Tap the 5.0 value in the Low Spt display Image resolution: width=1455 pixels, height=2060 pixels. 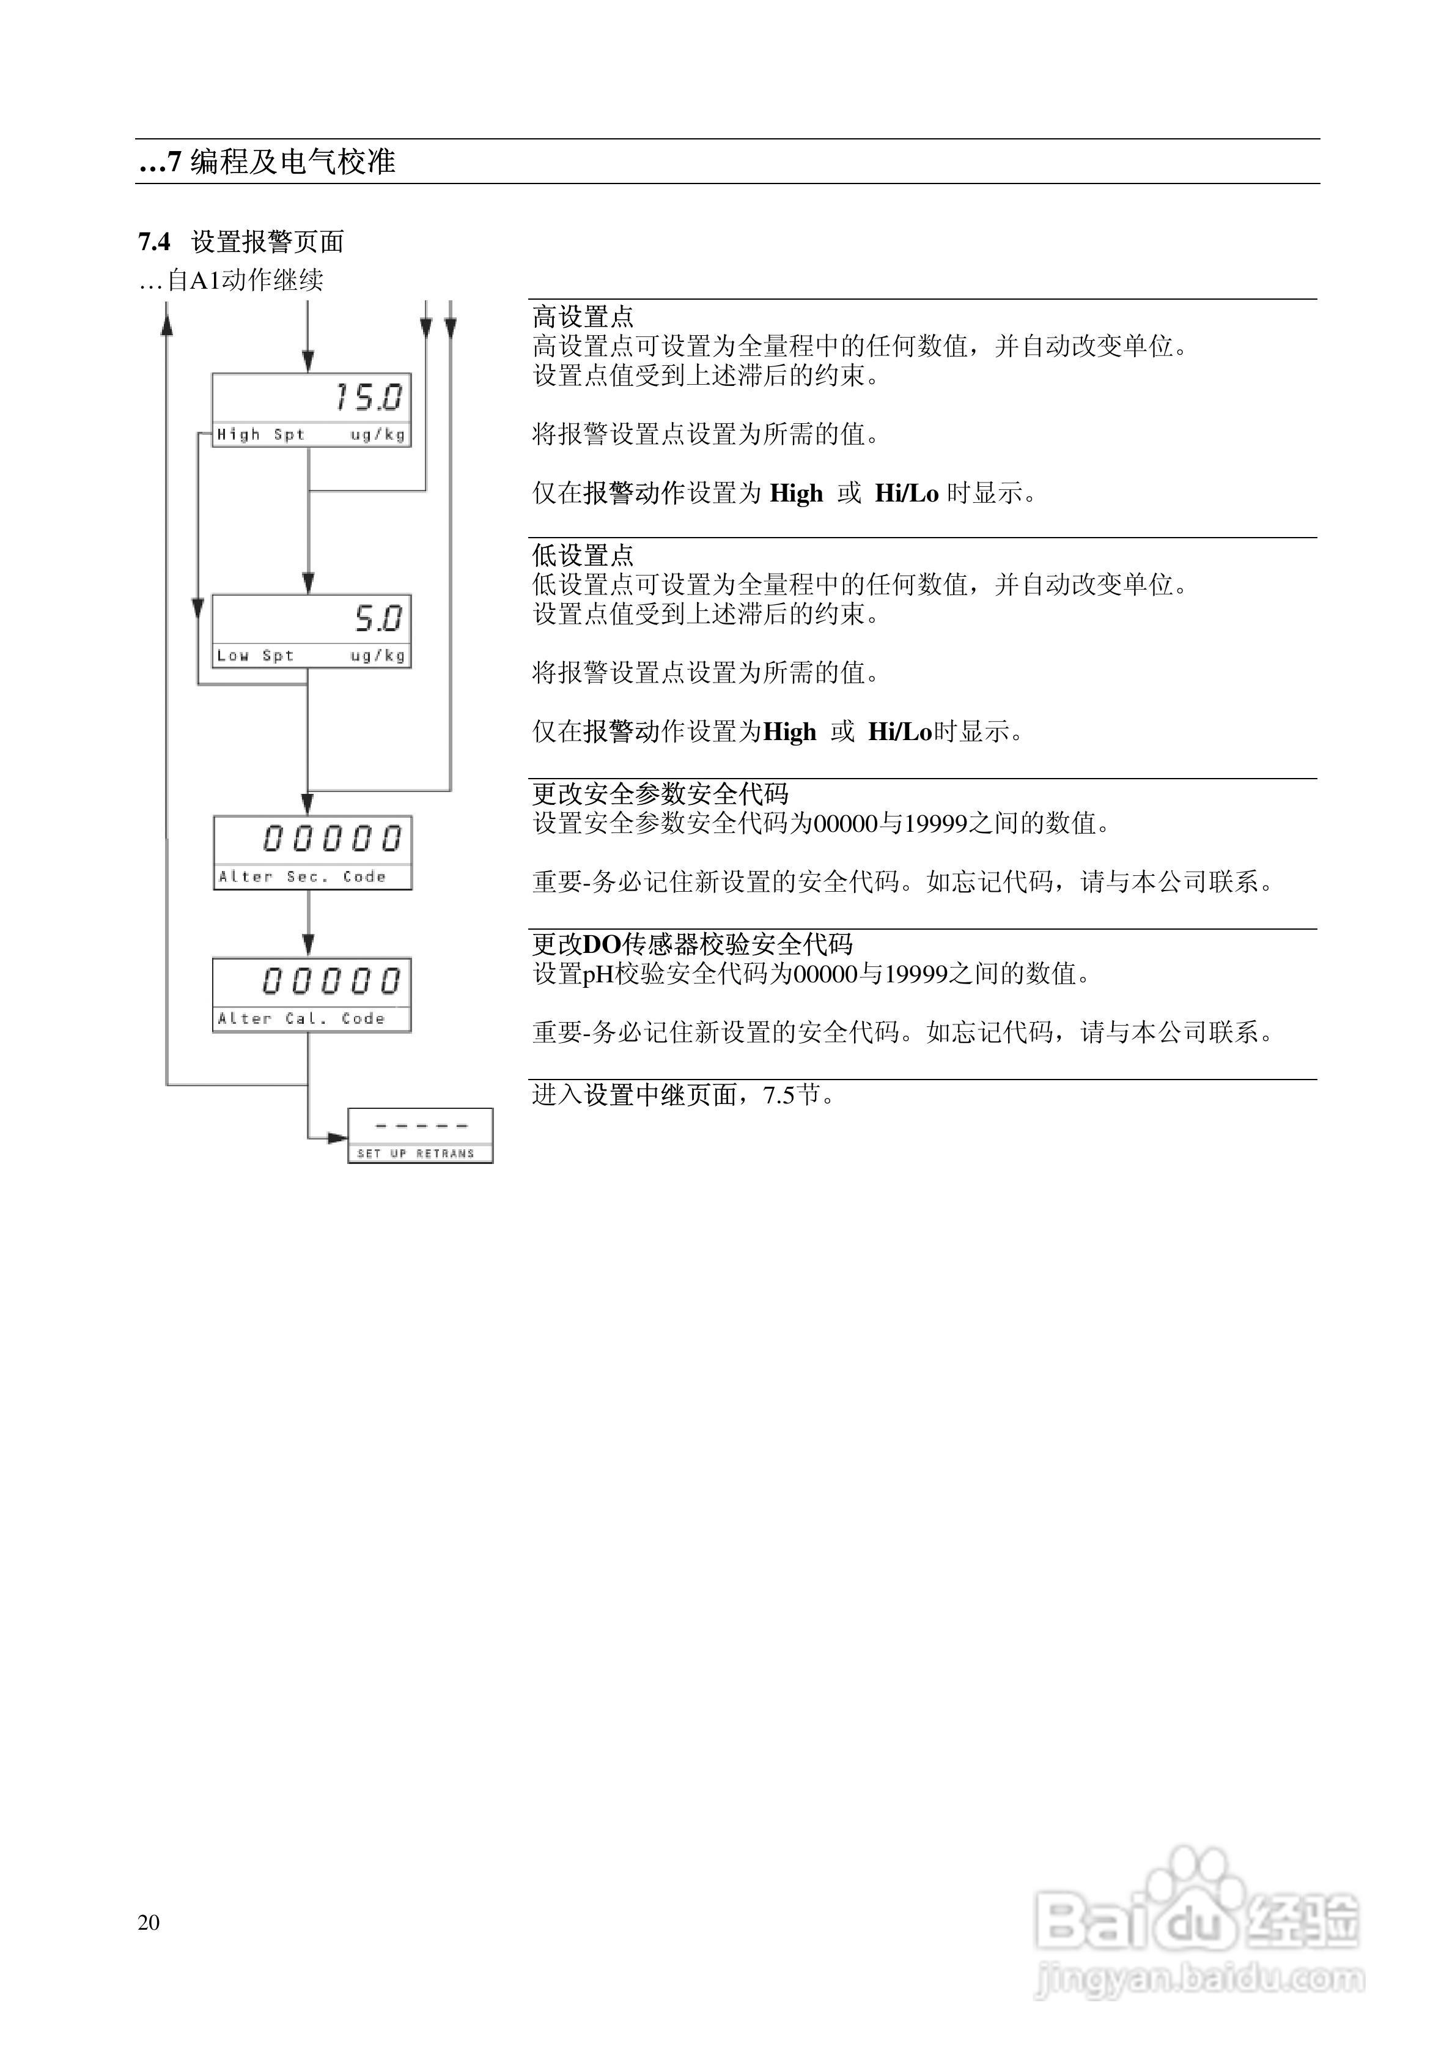pos(378,618)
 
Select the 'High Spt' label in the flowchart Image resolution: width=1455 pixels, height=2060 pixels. pos(260,435)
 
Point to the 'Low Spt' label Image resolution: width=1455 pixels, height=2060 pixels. pos(255,656)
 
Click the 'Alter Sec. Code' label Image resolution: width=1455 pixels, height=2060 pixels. pos(301,876)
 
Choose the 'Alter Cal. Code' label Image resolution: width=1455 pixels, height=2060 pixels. pos(301,1018)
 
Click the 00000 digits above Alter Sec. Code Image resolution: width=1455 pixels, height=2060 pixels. pos(332,839)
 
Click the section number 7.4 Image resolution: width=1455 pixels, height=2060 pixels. pos(154,242)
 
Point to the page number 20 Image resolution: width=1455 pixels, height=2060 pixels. pos(149,1922)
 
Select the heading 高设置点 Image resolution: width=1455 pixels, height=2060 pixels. pos(583,317)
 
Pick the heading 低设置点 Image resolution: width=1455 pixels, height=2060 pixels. pos(583,555)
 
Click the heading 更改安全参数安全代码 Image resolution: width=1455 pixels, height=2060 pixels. pos(660,794)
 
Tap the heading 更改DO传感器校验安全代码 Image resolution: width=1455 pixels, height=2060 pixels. pos(693,944)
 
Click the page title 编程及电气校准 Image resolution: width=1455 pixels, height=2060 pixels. pos(292,163)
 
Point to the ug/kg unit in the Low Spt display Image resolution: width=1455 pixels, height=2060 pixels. pos(378,656)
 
